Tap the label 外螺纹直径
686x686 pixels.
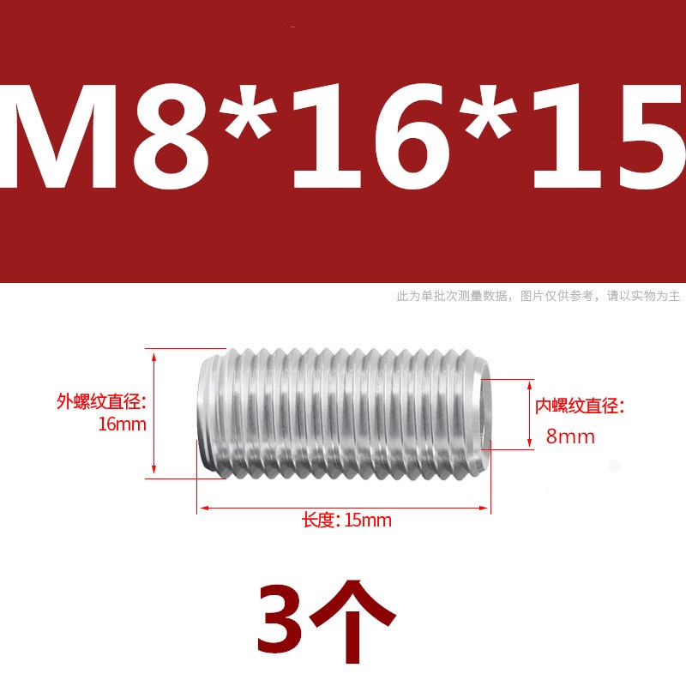[x=102, y=401]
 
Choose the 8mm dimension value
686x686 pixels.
[x=569, y=437]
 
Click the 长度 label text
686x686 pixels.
[x=317, y=521]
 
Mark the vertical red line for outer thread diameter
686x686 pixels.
[x=154, y=412]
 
